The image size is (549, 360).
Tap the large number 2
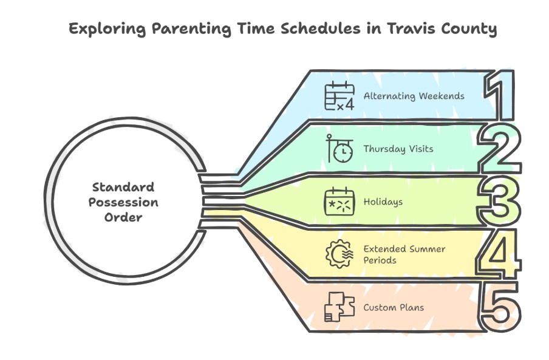(x=500, y=148)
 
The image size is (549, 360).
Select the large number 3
(x=499, y=201)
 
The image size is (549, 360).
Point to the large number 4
(x=499, y=254)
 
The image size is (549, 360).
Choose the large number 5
(x=500, y=307)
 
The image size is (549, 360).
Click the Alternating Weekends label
(x=414, y=96)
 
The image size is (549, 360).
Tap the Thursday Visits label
(x=398, y=149)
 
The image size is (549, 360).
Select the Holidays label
(x=383, y=202)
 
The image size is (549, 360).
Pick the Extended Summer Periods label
(x=404, y=254)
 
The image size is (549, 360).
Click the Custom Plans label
(x=394, y=308)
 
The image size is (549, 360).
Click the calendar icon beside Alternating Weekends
(x=339, y=95)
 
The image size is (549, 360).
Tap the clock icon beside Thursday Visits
(x=339, y=148)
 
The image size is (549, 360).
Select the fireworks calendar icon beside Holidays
(x=339, y=201)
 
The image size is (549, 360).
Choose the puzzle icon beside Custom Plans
(x=339, y=307)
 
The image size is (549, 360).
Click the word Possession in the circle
(x=123, y=202)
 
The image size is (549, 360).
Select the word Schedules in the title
(x=321, y=29)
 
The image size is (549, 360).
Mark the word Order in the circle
(x=123, y=217)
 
